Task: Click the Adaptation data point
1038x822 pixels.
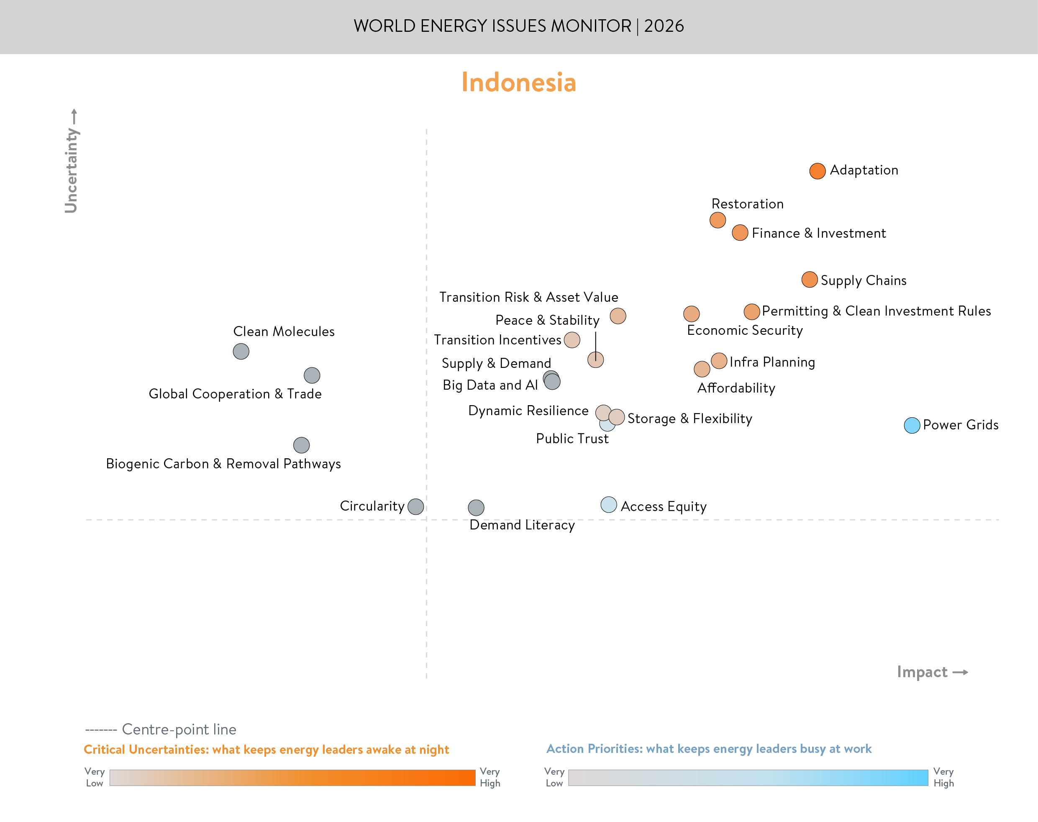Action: pos(817,171)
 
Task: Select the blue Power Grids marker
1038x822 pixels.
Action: pos(912,425)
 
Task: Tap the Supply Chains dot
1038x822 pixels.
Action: pos(810,280)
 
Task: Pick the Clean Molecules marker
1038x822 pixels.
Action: pos(241,351)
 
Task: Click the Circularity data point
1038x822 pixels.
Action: pos(415,506)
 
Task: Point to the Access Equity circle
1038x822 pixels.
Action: pos(608,504)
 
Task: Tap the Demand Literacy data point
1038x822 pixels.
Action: pos(476,507)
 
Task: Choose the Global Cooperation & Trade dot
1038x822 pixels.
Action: pos(312,375)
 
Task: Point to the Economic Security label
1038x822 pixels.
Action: pos(745,331)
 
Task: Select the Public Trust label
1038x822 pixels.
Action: pos(572,439)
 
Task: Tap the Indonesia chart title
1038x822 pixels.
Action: pos(518,82)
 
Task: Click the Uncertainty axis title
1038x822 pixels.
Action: pos(71,170)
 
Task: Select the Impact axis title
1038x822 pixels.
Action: pos(922,672)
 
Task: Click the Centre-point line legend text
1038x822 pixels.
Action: pos(179,730)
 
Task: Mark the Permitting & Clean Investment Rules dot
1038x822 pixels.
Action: pos(751,312)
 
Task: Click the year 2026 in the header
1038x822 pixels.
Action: pos(664,26)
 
